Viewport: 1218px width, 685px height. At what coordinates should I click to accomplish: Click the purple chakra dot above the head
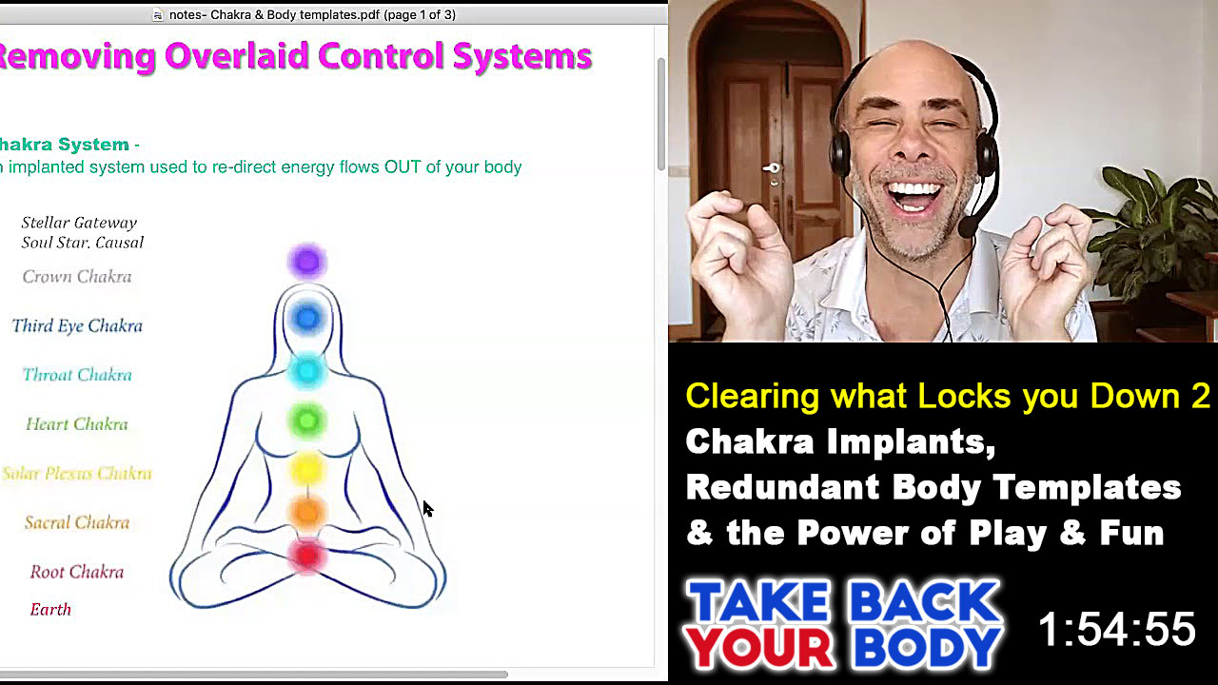pyautogui.click(x=307, y=262)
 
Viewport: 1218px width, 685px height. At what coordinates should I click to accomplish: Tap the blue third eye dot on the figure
pyautogui.click(x=307, y=318)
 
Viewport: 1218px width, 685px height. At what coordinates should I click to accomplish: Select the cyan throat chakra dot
pyautogui.click(x=307, y=371)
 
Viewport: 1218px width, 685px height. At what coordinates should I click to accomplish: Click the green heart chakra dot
pyautogui.click(x=307, y=421)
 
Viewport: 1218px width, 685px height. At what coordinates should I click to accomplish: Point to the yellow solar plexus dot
pyautogui.click(x=307, y=469)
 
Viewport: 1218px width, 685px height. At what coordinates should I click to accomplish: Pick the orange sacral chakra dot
pyautogui.click(x=307, y=513)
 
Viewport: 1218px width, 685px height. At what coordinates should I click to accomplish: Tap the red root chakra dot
pyautogui.click(x=307, y=556)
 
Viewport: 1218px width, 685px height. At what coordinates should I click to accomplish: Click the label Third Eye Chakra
pyautogui.click(x=77, y=325)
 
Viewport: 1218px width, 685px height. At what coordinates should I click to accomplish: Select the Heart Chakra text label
pyautogui.click(x=77, y=424)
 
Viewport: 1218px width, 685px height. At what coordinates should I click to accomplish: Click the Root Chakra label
pyautogui.click(x=77, y=572)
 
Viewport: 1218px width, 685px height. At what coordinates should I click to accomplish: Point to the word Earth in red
pyautogui.click(x=50, y=610)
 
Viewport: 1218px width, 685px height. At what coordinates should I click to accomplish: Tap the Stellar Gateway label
pyautogui.click(x=79, y=223)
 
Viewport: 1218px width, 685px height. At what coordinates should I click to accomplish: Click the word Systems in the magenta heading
pyautogui.click(x=522, y=56)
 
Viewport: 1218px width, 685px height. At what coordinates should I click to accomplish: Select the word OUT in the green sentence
pyautogui.click(x=403, y=166)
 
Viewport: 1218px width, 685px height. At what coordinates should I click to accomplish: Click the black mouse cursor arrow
pyautogui.click(x=428, y=509)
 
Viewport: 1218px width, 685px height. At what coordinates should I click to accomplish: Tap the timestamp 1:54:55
pyautogui.click(x=1117, y=629)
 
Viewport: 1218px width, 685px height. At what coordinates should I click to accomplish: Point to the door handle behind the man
pyautogui.click(x=771, y=169)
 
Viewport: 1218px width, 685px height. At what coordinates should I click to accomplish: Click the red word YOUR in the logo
pyautogui.click(x=758, y=648)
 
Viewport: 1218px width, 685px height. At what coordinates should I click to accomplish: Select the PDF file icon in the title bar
pyautogui.click(x=158, y=14)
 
